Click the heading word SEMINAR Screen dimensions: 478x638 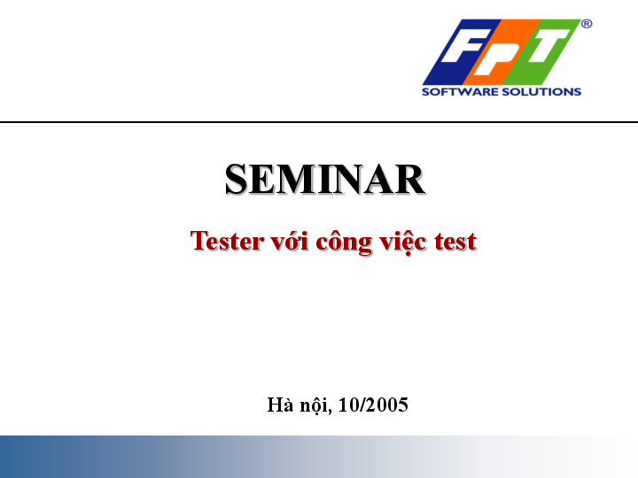point(324,180)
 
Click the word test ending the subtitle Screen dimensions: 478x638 point(455,241)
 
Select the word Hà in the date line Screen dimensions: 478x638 point(279,405)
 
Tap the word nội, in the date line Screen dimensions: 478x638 point(315,406)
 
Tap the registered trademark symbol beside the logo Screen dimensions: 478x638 point(587,25)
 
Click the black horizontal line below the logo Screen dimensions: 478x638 point(319,122)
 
